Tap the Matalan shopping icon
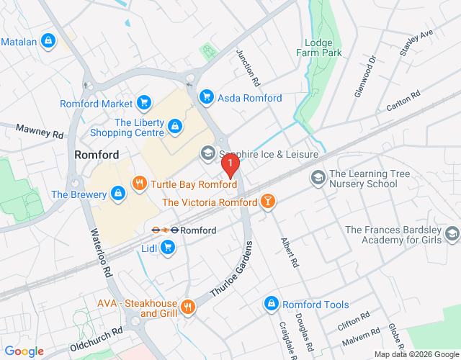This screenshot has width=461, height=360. click(49, 41)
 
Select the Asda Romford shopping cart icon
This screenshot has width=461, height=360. click(207, 96)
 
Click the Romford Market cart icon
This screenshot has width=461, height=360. click(144, 104)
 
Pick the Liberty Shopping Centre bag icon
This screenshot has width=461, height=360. click(174, 127)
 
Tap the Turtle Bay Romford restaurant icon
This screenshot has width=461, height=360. click(139, 184)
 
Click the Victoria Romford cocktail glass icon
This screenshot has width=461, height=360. click(268, 202)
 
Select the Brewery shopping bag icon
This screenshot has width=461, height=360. click(118, 194)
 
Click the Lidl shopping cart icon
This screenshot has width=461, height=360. click(168, 248)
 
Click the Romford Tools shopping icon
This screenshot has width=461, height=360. click(271, 304)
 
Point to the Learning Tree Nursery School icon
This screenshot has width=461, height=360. click(318, 177)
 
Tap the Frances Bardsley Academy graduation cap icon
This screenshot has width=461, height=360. click(452, 234)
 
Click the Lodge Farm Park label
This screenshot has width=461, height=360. click(318, 48)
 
